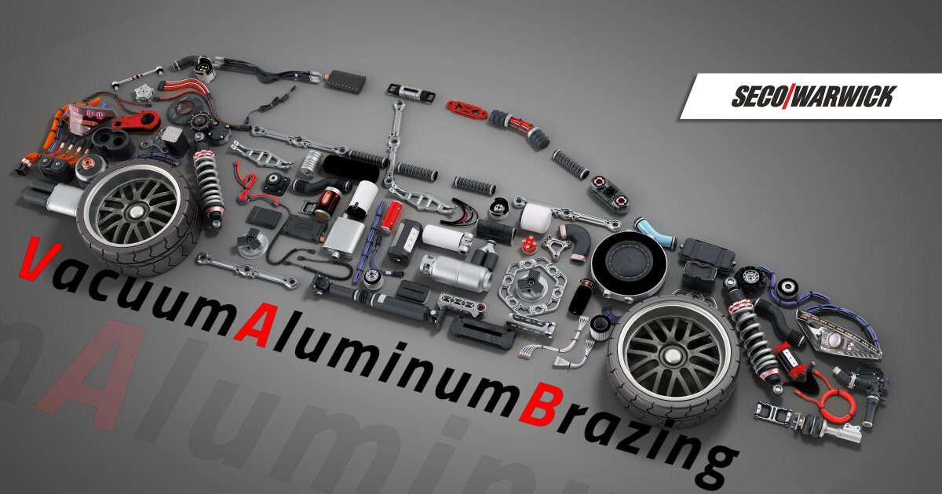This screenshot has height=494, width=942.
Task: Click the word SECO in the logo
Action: click(757, 96)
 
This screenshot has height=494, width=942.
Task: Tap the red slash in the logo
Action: click(787, 96)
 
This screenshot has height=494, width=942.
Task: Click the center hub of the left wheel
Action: click(135, 211)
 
